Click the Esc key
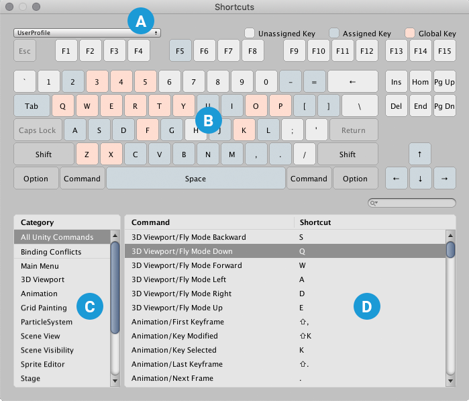25,50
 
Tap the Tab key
32,106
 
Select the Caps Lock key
38,130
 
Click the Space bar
195,179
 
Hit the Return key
353,130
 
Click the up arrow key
420,154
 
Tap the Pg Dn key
444,106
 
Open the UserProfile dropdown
87,32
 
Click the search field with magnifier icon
412,203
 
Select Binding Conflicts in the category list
51,252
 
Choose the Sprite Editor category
43,364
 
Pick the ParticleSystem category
46,322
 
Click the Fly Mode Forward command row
187,265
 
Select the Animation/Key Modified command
174,336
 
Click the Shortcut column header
315,222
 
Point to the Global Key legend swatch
410,33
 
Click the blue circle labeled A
141,22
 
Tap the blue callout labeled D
366,307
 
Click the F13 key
396,50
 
